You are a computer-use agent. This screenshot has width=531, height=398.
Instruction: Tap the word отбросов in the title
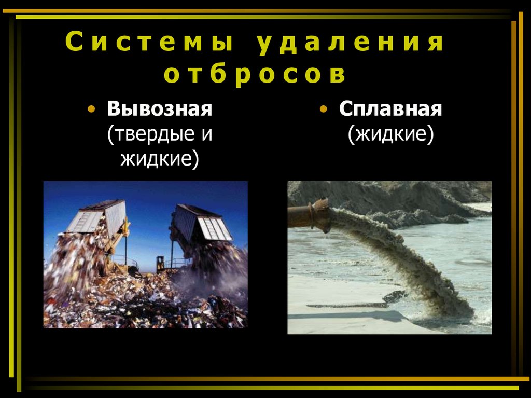pos(255,75)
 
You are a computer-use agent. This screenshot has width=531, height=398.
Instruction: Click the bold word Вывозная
pos(160,109)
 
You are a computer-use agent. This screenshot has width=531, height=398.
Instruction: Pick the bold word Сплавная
pos(390,109)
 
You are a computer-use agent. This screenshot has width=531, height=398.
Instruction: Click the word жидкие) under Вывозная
pos(160,158)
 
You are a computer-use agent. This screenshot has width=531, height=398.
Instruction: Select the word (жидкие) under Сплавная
pos(390,134)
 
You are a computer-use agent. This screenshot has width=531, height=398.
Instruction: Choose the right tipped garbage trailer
pos(202,223)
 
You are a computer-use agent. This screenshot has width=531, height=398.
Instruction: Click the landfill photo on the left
pos(145,291)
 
